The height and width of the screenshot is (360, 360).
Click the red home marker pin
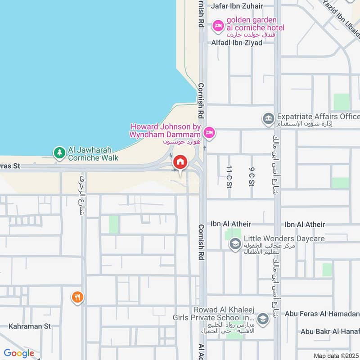[180, 162]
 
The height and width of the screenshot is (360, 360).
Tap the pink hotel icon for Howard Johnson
[209, 132]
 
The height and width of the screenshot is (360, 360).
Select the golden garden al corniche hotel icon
[218, 26]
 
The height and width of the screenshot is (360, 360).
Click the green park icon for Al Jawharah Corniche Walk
[59, 153]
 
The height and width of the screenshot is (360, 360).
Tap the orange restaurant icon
[77, 297]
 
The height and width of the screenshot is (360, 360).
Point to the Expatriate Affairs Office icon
[268, 119]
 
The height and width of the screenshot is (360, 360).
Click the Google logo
[19, 353]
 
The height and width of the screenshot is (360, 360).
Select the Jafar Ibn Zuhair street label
[237, 6]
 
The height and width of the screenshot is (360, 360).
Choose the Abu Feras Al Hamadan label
[323, 314]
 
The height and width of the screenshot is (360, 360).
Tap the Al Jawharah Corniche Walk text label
[93, 154]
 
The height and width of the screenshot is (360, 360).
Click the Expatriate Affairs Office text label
[318, 117]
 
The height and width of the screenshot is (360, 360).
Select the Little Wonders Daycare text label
[281, 238]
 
